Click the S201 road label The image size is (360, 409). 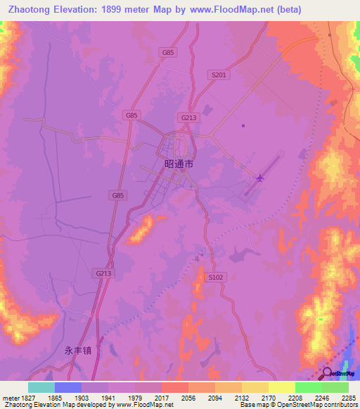tap(219, 74)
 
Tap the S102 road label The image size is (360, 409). tap(217, 278)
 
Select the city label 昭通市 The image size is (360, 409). tap(178, 163)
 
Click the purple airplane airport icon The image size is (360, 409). tap(260, 178)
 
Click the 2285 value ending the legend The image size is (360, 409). tap(349, 398)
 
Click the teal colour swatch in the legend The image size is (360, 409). tap(41, 387)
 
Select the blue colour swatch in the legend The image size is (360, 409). tap(68, 387)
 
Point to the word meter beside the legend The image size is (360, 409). tap(8, 398)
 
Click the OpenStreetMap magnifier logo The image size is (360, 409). tap(327, 373)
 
